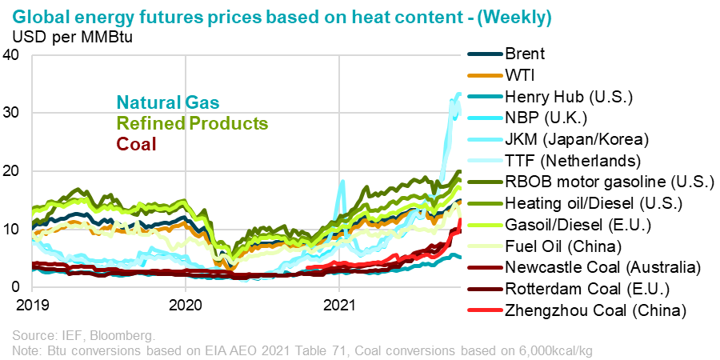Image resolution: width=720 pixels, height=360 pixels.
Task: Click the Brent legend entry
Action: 523,54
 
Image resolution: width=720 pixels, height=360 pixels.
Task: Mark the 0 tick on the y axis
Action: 17,286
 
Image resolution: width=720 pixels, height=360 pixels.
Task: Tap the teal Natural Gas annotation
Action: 168,102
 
